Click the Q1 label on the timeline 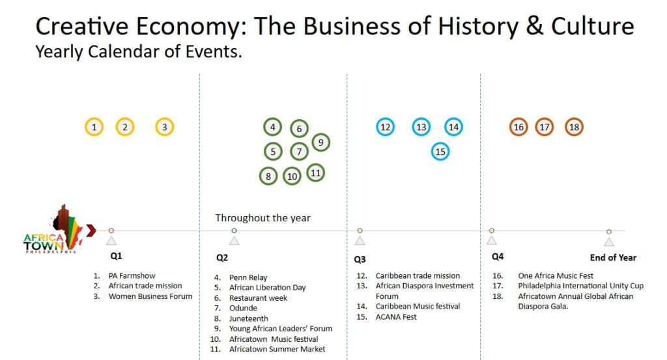point(116,256)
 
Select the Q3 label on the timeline point(360,259)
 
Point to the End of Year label point(613,258)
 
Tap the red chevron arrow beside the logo point(91,230)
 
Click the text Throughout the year point(263,218)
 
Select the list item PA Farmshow point(132,275)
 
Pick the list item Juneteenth point(249,318)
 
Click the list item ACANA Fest point(396,316)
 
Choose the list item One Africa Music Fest point(556,275)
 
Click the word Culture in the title point(593,26)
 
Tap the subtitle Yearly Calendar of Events point(139,52)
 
